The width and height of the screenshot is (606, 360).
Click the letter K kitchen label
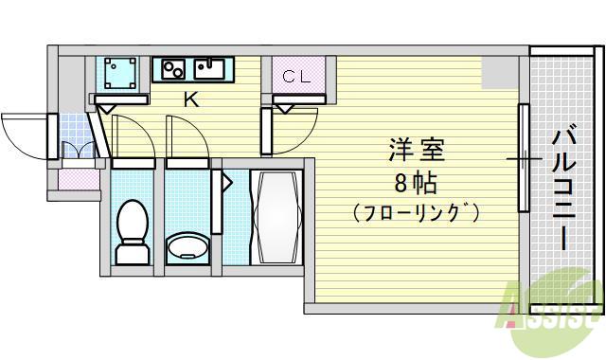(190, 99)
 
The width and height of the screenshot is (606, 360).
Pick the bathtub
(276, 218)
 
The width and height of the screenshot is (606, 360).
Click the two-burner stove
(172, 68)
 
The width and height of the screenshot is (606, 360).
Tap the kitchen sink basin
(210, 68)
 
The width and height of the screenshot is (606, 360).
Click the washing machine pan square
(120, 73)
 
